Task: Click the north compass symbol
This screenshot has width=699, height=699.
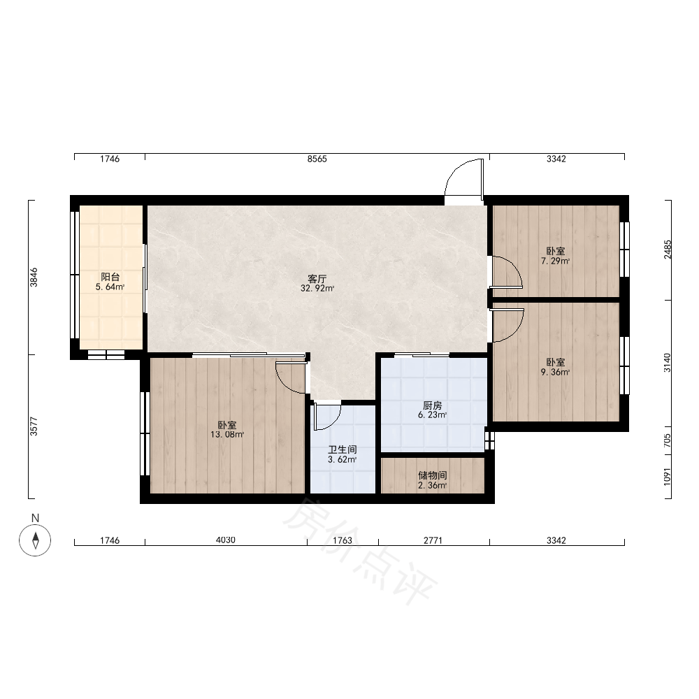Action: [x=35, y=540]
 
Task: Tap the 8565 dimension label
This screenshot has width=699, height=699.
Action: [x=317, y=159]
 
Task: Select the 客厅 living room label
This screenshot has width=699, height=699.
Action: [x=317, y=279]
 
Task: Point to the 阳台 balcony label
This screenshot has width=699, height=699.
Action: [x=110, y=277]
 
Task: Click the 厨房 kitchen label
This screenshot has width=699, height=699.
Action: [x=432, y=405]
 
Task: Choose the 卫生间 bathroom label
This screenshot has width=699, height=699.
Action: [x=343, y=449]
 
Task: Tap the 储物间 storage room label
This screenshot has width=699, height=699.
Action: [x=433, y=475]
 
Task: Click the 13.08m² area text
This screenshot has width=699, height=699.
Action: [x=227, y=435]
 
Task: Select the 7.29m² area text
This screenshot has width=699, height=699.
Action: [x=556, y=261]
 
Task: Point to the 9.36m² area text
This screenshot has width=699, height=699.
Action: [x=556, y=373]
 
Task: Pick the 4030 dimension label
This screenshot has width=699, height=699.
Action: [x=226, y=540]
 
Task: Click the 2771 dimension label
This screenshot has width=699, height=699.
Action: [x=433, y=540]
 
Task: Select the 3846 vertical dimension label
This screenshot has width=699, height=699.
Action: [x=34, y=278]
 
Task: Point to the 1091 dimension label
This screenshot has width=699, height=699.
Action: [x=667, y=477]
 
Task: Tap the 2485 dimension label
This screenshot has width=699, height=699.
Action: [x=668, y=250]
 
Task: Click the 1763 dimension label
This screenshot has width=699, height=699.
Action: [x=343, y=540]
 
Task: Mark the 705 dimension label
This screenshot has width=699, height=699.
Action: [x=667, y=440]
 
